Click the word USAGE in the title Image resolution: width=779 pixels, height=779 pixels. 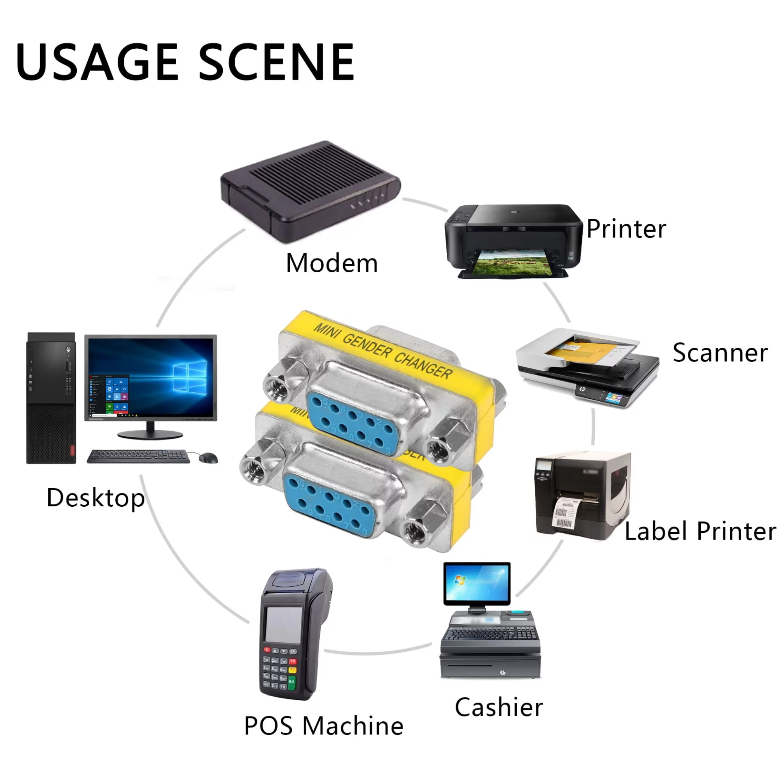pos(97,62)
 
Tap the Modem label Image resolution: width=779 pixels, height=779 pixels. pos(331,263)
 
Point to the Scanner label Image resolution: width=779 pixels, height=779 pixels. pos(720,353)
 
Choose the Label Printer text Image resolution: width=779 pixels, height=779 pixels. pos(700,531)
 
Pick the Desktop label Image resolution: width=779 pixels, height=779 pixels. pos(96,498)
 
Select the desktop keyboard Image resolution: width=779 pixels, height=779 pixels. pos(138,456)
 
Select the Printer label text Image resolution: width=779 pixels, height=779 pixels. pos(626,229)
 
